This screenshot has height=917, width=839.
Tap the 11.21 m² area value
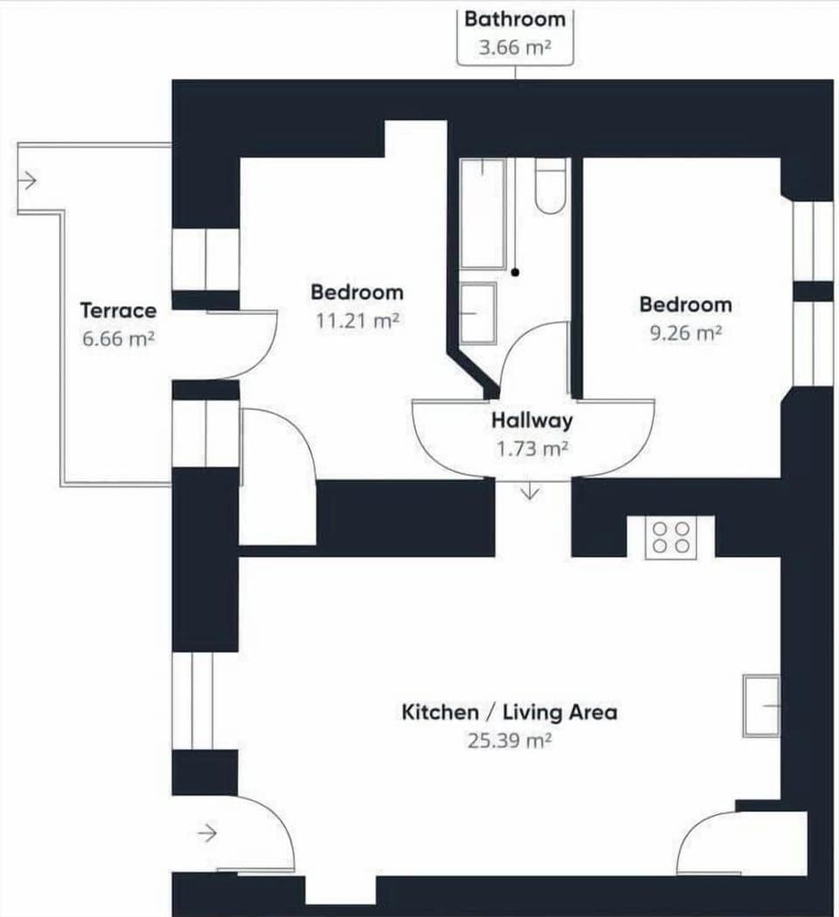pos(357,321)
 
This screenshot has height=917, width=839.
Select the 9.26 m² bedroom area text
pos(684,333)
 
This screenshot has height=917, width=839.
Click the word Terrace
pos(118,310)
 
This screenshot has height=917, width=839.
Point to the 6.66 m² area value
pos(118,339)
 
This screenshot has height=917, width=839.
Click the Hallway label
pos(531,420)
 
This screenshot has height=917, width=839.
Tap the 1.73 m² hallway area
pos(531,448)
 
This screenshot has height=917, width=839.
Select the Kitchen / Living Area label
pos(509,712)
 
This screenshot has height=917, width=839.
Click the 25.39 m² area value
pos(509,741)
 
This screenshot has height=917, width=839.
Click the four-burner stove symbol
pos(670,537)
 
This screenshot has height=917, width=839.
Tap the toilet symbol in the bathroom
pos(551,186)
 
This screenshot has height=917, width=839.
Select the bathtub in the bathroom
pos(482,213)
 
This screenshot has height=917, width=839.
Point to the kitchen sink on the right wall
pos(760,705)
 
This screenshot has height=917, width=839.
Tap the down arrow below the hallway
pos(530,492)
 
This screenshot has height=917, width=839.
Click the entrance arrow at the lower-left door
pos(207,834)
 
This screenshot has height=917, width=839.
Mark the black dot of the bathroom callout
pos(516,273)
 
